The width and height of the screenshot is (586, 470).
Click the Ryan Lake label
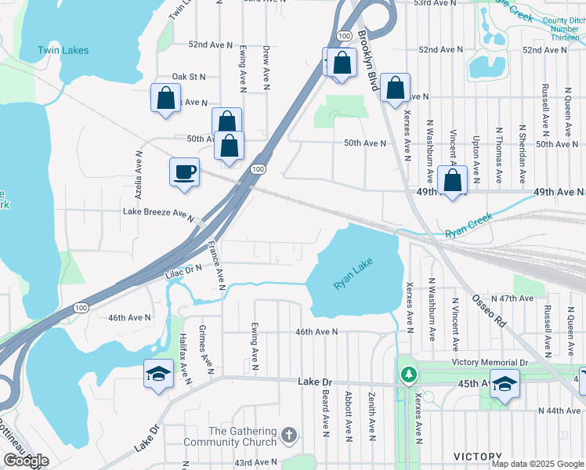(353, 275)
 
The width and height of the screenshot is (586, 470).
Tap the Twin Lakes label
(63, 50)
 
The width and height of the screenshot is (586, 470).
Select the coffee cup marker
(185, 172)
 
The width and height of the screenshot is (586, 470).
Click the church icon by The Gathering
(289, 434)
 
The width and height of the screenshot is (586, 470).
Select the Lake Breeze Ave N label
(157, 212)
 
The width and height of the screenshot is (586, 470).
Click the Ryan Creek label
(468, 225)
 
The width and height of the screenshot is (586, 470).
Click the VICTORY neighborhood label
(478, 457)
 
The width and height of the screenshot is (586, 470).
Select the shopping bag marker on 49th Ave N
(453, 181)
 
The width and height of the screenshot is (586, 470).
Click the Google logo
(25, 461)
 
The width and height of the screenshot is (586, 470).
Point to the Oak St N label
(188, 77)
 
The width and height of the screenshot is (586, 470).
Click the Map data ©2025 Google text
(537, 464)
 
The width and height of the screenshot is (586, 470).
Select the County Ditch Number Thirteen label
(562, 29)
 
